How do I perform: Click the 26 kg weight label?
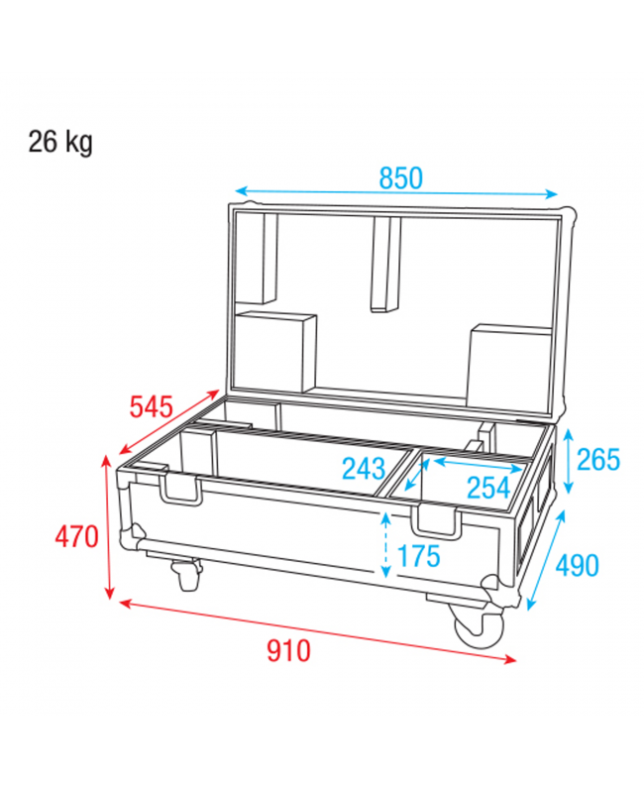coord(60,143)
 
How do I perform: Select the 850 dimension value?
coord(400,178)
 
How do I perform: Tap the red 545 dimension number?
coord(152,406)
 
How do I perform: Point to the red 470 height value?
coord(76,537)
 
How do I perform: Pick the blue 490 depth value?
coord(577,565)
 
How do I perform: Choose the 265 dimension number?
coord(597,460)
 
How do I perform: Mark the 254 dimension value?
coord(487,487)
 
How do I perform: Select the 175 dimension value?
coord(418,557)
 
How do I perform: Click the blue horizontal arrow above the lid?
coord(396,193)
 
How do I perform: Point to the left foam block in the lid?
coord(275,353)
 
